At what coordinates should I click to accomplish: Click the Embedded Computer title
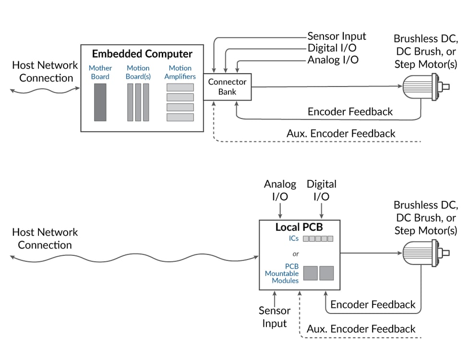142,54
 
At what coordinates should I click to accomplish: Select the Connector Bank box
227,87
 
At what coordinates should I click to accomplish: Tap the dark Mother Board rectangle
100,102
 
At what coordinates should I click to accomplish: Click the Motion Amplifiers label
180,72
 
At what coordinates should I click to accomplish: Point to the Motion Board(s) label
138,72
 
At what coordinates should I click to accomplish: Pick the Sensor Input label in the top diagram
336,36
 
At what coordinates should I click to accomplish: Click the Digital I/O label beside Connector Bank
332,48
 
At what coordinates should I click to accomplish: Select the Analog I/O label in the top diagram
333,60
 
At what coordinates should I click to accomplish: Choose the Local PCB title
300,227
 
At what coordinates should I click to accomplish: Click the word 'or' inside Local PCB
296,253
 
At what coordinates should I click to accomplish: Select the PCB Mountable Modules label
282,273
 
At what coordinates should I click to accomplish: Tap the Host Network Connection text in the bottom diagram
45,238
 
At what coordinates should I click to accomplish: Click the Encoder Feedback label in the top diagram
350,112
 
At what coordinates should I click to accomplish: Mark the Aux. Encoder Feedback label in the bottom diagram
361,329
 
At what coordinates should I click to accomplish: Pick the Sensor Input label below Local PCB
275,317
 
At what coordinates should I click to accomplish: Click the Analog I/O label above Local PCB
280,190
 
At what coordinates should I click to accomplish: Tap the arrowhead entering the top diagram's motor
399,87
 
